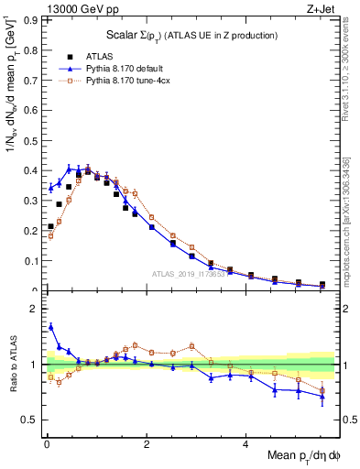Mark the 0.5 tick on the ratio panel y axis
tap(27, 420)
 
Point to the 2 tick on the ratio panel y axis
tap(30, 309)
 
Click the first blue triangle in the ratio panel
tap(50, 325)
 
